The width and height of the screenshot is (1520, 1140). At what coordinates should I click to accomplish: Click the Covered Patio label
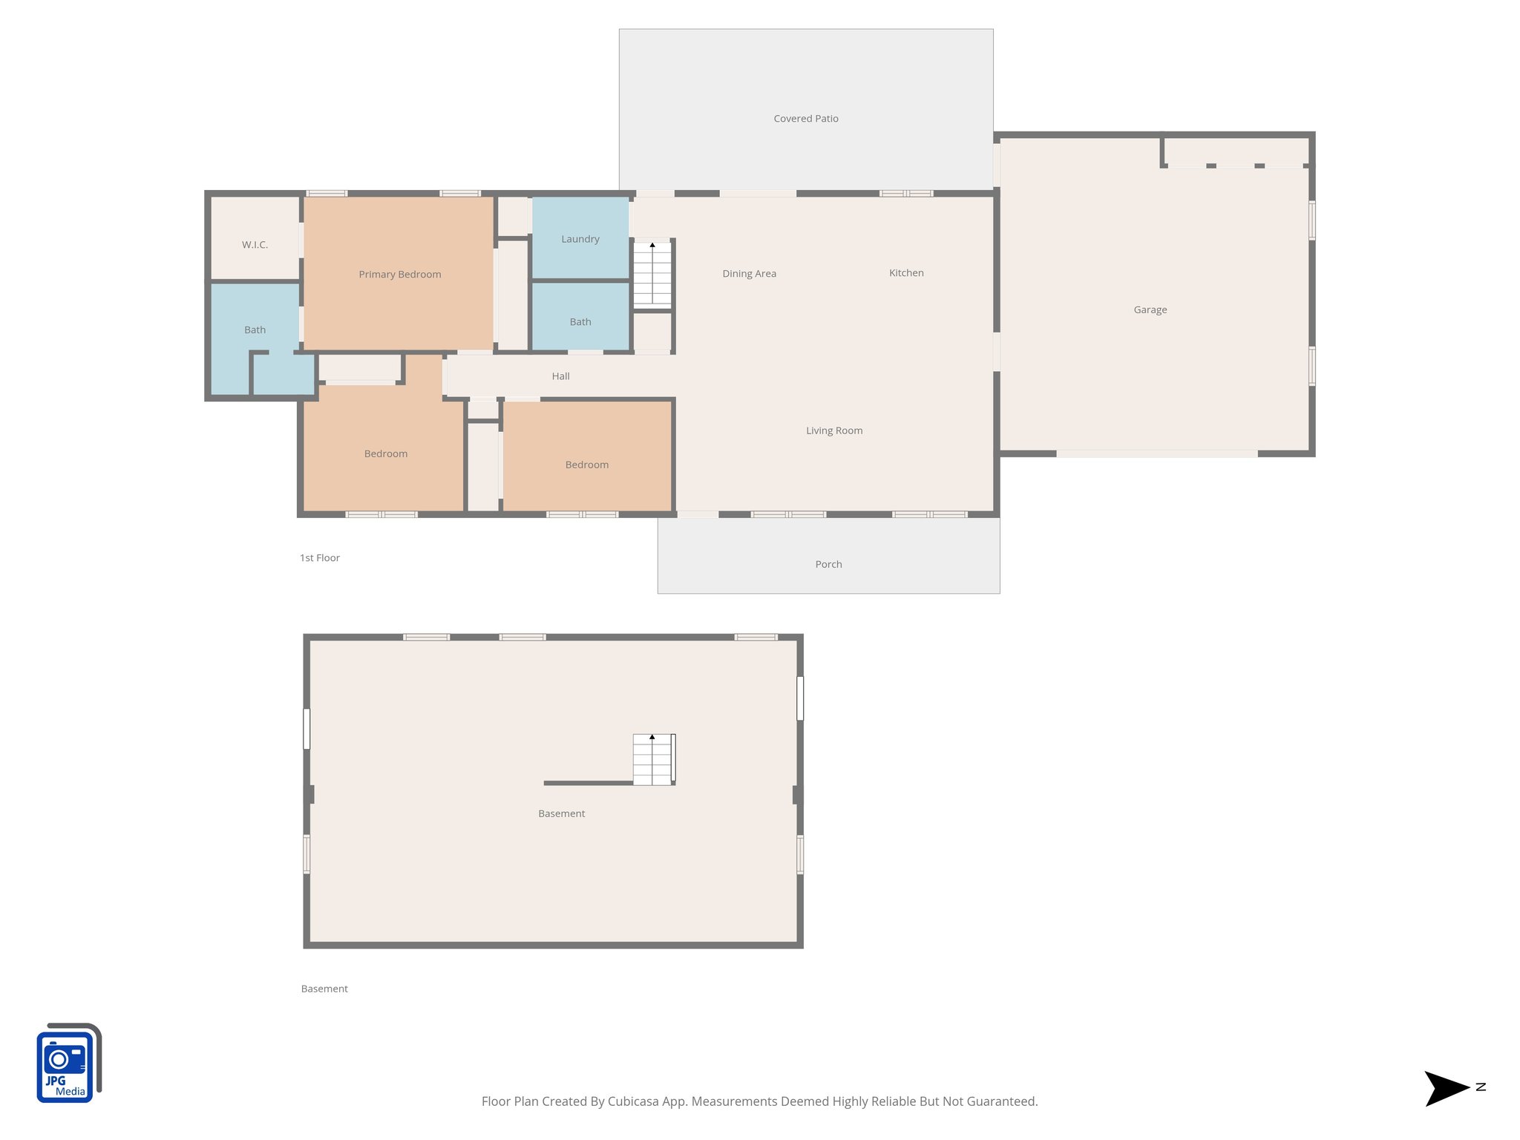[x=805, y=119]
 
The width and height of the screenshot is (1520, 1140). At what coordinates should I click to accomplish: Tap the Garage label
[x=1150, y=309]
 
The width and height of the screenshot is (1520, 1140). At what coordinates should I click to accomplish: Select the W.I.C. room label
[x=255, y=245]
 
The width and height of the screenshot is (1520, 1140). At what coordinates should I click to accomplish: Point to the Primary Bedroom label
[x=399, y=275]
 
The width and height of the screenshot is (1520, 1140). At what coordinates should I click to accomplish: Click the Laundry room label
[x=580, y=239]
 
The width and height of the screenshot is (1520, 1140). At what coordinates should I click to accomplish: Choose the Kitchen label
[x=906, y=273]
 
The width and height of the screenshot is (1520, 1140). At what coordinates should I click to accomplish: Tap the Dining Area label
[x=749, y=274]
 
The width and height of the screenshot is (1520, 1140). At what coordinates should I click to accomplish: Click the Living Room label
[x=833, y=430]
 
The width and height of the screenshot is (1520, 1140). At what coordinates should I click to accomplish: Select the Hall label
[x=560, y=376]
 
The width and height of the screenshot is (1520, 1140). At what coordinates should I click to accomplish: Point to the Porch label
[x=828, y=564]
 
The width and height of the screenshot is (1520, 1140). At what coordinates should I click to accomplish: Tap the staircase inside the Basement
[x=652, y=759]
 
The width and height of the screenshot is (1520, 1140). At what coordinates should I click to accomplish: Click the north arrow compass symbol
[x=1447, y=1088]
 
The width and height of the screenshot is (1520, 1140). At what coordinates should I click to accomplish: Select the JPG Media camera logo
[x=68, y=1063]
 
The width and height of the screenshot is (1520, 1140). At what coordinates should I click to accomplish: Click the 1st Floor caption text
[x=319, y=558]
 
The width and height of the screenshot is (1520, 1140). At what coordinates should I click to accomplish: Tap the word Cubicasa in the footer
[x=632, y=1101]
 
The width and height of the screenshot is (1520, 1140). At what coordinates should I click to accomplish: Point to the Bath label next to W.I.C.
[x=255, y=330]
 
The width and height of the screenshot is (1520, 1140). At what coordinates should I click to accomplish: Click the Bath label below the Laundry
[x=580, y=322]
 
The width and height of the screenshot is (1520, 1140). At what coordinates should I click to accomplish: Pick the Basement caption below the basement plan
[x=324, y=989]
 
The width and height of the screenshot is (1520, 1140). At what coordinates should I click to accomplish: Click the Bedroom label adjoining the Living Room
[x=586, y=465]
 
